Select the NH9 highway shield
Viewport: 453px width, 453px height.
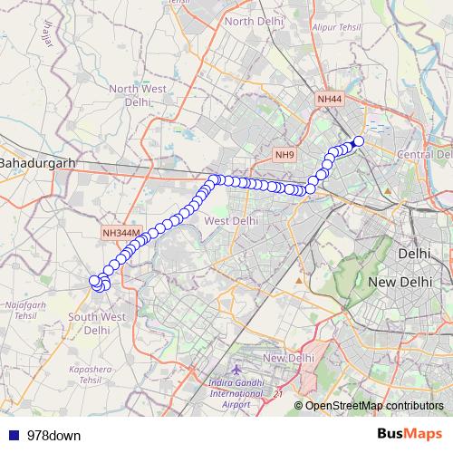point(285,155)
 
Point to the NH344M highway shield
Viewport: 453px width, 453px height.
point(121,233)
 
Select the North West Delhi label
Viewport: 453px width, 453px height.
point(137,95)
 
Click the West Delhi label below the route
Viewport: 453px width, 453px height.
point(231,220)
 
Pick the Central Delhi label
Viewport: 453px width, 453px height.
point(424,155)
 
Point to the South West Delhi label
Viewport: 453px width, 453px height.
point(97,323)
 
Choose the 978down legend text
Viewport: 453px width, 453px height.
point(53,435)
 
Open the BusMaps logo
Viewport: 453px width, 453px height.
point(410,434)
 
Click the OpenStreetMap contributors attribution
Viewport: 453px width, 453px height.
point(373,405)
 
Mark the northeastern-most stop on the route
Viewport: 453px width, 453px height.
point(358,140)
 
